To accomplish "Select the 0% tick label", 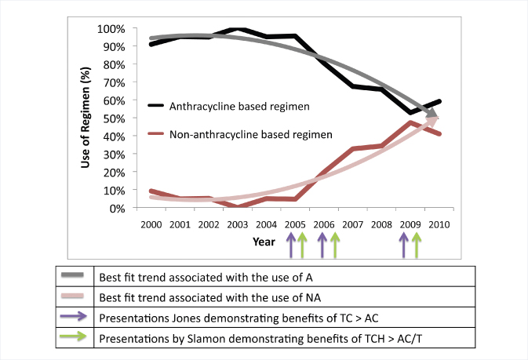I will [117, 209].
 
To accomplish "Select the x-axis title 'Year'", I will [264, 242].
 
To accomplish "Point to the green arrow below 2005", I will [301, 245].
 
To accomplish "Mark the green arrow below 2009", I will [416, 245].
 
